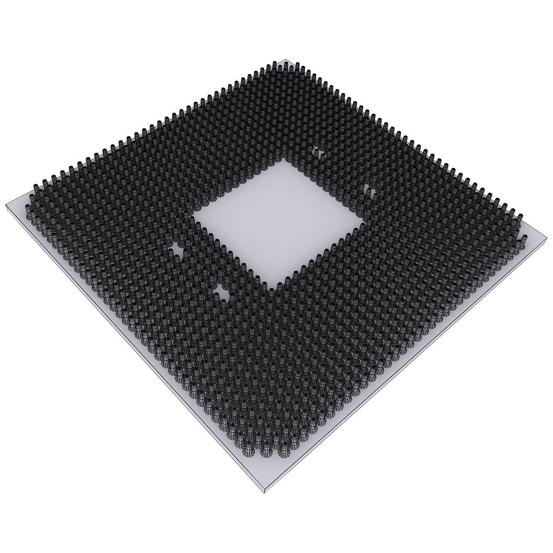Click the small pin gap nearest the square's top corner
[x=318, y=152]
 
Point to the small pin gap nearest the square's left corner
[x=177, y=247]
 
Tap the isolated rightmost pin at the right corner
[x=524, y=240]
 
